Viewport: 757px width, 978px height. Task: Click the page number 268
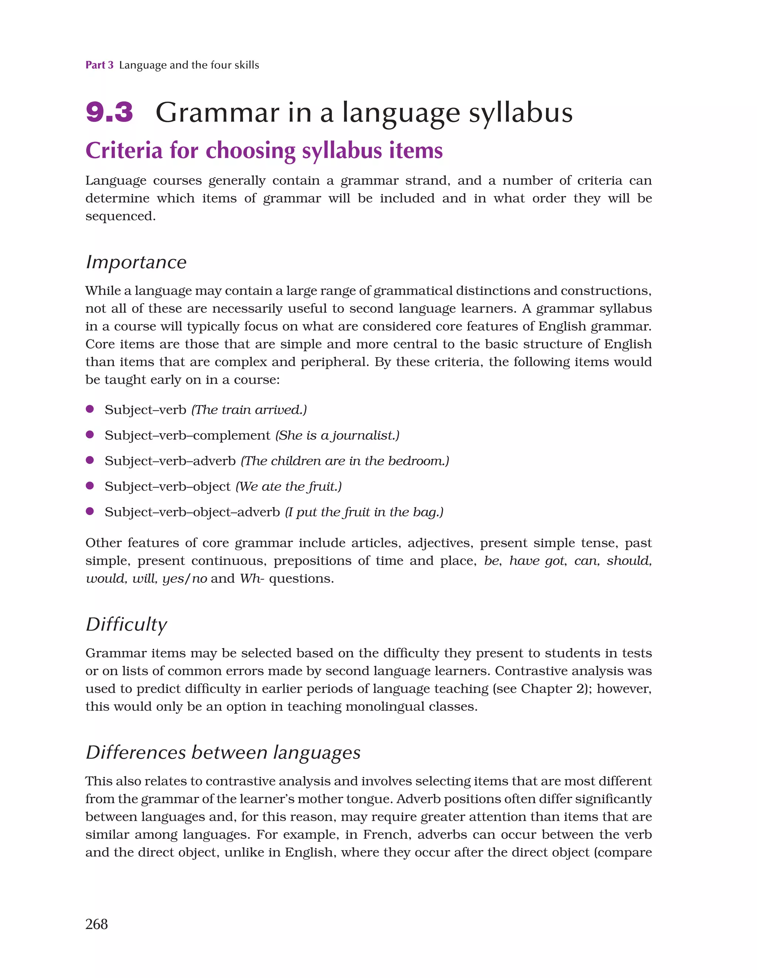(x=96, y=924)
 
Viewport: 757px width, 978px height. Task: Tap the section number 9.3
(x=109, y=112)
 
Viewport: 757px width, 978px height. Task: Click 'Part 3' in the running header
(x=99, y=65)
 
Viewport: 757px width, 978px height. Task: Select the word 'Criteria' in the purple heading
(x=123, y=150)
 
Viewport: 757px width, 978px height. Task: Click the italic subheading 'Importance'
(x=136, y=262)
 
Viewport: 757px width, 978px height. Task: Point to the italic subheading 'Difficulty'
(x=126, y=624)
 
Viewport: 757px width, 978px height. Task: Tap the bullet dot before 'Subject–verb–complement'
(x=89, y=434)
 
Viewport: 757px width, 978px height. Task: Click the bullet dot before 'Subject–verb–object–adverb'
(x=89, y=511)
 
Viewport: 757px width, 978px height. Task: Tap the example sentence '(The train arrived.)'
(x=249, y=410)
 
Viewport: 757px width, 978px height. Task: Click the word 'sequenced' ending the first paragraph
(x=119, y=216)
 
